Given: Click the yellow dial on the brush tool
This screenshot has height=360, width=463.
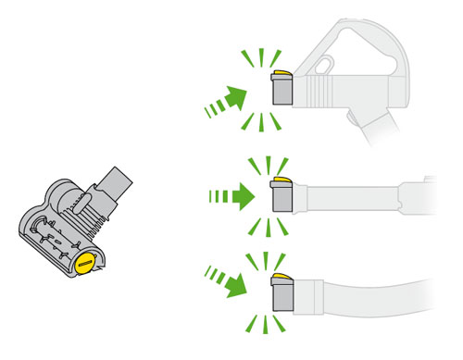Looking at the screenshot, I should point(84,262).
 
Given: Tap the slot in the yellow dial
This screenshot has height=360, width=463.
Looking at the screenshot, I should point(84,263).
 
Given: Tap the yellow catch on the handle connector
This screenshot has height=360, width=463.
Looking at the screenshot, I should point(282,73).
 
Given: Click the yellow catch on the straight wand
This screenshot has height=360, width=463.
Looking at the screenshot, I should point(282,181).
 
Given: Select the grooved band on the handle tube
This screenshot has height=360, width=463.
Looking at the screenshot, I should point(319,92).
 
